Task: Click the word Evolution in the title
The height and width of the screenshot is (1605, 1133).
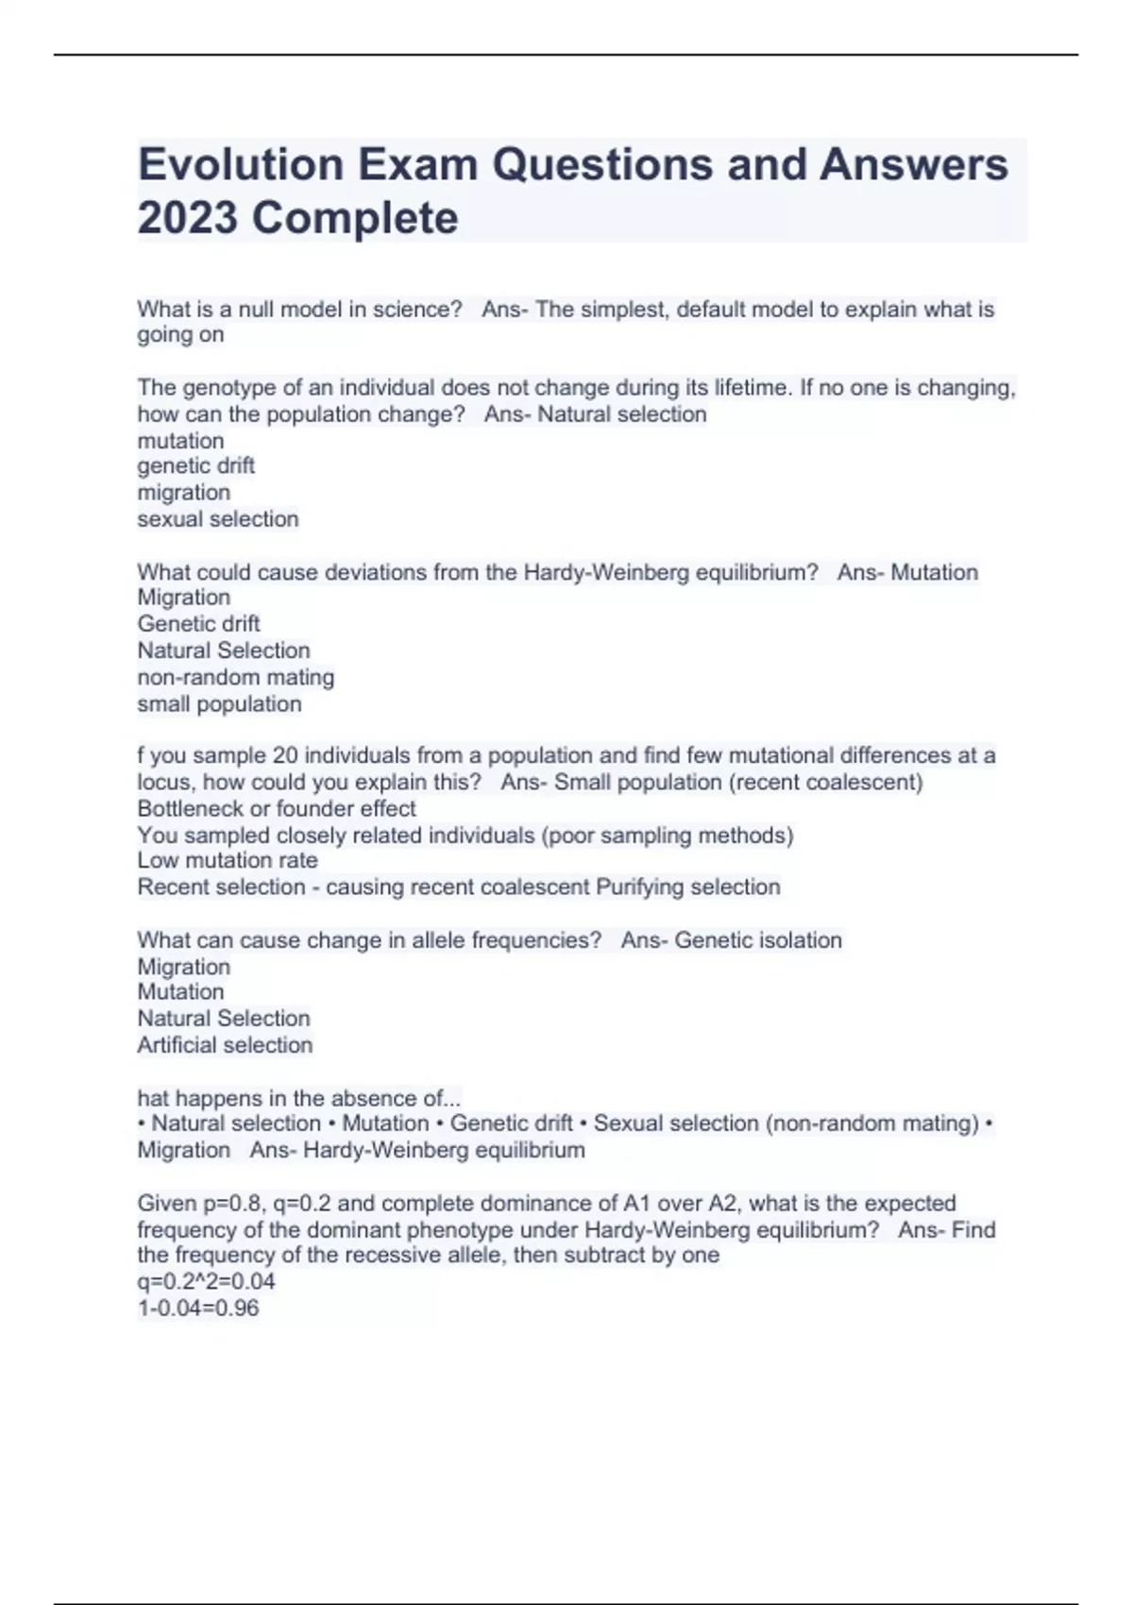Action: pyautogui.click(x=240, y=164)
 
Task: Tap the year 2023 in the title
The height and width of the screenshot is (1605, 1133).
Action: pyautogui.click(x=187, y=218)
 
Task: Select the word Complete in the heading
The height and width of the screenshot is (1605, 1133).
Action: pyautogui.click(x=355, y=219)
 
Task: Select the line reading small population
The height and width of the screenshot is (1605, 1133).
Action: pyautogui.click(x=219, y=704)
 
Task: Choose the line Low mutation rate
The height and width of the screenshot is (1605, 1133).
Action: pyautogui.click(x=228, y=861)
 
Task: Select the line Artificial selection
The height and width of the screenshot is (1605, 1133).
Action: pyautogui.click(x=225, y=1045)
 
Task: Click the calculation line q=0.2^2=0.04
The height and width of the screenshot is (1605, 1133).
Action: pyautogui.click(x=206, y=1282)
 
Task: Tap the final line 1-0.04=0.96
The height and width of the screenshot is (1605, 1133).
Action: pyautogui.click(x=198, y=1309)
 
